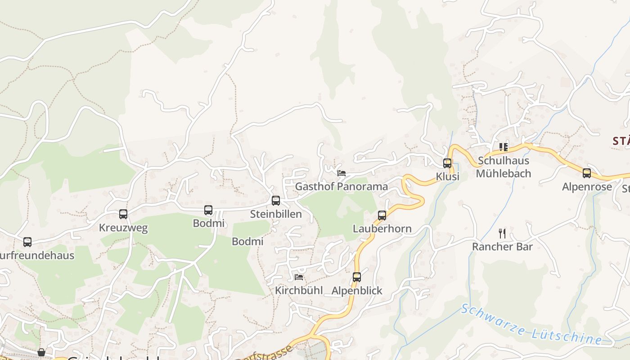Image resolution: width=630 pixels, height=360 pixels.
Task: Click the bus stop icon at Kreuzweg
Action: pyautogui.click(x=123, y=214)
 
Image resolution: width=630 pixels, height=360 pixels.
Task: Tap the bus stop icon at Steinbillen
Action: pyautogui.click(x=276, y=201)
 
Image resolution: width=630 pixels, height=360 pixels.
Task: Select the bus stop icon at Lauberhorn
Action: pyautogui.click(x=382, y=216)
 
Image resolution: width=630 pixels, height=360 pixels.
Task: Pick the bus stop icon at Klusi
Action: pyautogui.click(x=447, y=163)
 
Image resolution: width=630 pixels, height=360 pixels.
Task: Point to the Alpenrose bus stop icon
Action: pyautogui.click(x=587, y=173)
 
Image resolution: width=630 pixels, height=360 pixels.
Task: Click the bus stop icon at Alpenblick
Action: pyautogui.click(x=357, y=277)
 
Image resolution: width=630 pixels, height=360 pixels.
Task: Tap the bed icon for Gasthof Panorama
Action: pyautogui.click(x=342, y=173)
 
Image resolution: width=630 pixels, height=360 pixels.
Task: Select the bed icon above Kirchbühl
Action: pyautogui.click(x=299, y=277)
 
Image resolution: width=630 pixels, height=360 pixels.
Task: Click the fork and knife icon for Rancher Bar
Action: pyautogui.click(x=502, y=234)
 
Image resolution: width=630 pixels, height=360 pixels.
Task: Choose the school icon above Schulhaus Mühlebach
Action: pyautogui.click(x=504, y=147)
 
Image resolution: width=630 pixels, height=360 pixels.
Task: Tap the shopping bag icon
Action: pyautogui.click(x=41, y=352)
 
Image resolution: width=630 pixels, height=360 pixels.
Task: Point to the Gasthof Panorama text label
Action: pyautogui.click(x=342, y=186)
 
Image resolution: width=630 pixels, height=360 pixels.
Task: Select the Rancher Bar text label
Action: pyautogui.click(x=502, y=247)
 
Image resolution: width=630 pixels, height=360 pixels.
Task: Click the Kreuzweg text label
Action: pyautogui.click(x=123, y=228)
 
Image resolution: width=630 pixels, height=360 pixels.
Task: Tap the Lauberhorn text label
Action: pyautogui.click(x=382, y=229)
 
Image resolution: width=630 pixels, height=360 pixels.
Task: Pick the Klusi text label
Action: pyautogui.click(x=447, y=176)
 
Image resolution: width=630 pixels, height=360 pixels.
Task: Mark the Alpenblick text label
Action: pyautogui.click(x=357, y=291)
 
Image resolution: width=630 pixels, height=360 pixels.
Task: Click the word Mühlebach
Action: pyautogui.click(x=504, y=174)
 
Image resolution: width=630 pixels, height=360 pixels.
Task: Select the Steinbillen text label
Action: pyautogui.click(x=276, y=214)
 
